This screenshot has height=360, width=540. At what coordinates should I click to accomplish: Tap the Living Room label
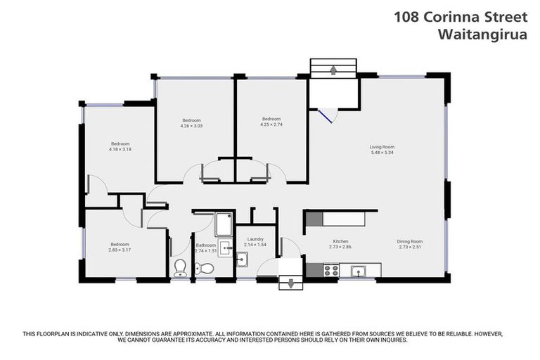click(x=382, y=147)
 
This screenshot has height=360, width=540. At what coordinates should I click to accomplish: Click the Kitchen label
click(x=340, y=241)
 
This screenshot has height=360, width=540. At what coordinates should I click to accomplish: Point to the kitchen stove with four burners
click(x=330, y=269)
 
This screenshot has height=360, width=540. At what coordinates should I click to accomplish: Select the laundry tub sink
click(x=242, y=260)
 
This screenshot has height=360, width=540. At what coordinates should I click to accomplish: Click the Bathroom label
click(x=205, y=245)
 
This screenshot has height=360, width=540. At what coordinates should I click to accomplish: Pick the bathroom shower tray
click(x=224, y=224)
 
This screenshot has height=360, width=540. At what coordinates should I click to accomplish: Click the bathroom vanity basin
click(x=225, y=247)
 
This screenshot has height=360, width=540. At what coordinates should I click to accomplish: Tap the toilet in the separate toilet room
click(x=180, y=268)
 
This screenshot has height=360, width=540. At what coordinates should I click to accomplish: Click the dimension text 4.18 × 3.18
click(x=120, y=149)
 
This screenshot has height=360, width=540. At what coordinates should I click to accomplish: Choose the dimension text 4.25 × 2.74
click(x=271, y=124)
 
